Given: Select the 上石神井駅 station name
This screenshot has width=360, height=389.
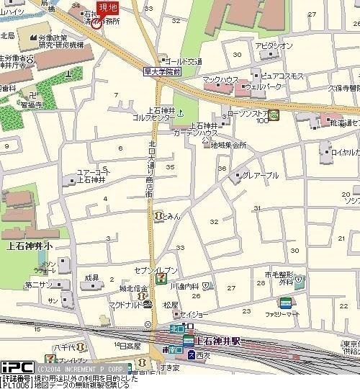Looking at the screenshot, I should point(220,341).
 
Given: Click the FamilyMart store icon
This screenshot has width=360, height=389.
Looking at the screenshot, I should point(286,303).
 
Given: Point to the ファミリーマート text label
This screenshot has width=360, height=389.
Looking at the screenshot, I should point(282,315).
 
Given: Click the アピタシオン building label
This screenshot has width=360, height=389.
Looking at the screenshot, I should point(274,46).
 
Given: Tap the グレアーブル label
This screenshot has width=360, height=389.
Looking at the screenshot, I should point(261,175).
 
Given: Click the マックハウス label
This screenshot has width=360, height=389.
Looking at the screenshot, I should point(220,79).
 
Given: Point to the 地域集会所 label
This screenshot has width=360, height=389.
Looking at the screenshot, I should point(228,145).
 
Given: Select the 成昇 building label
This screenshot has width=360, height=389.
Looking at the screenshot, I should point(91,277).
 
